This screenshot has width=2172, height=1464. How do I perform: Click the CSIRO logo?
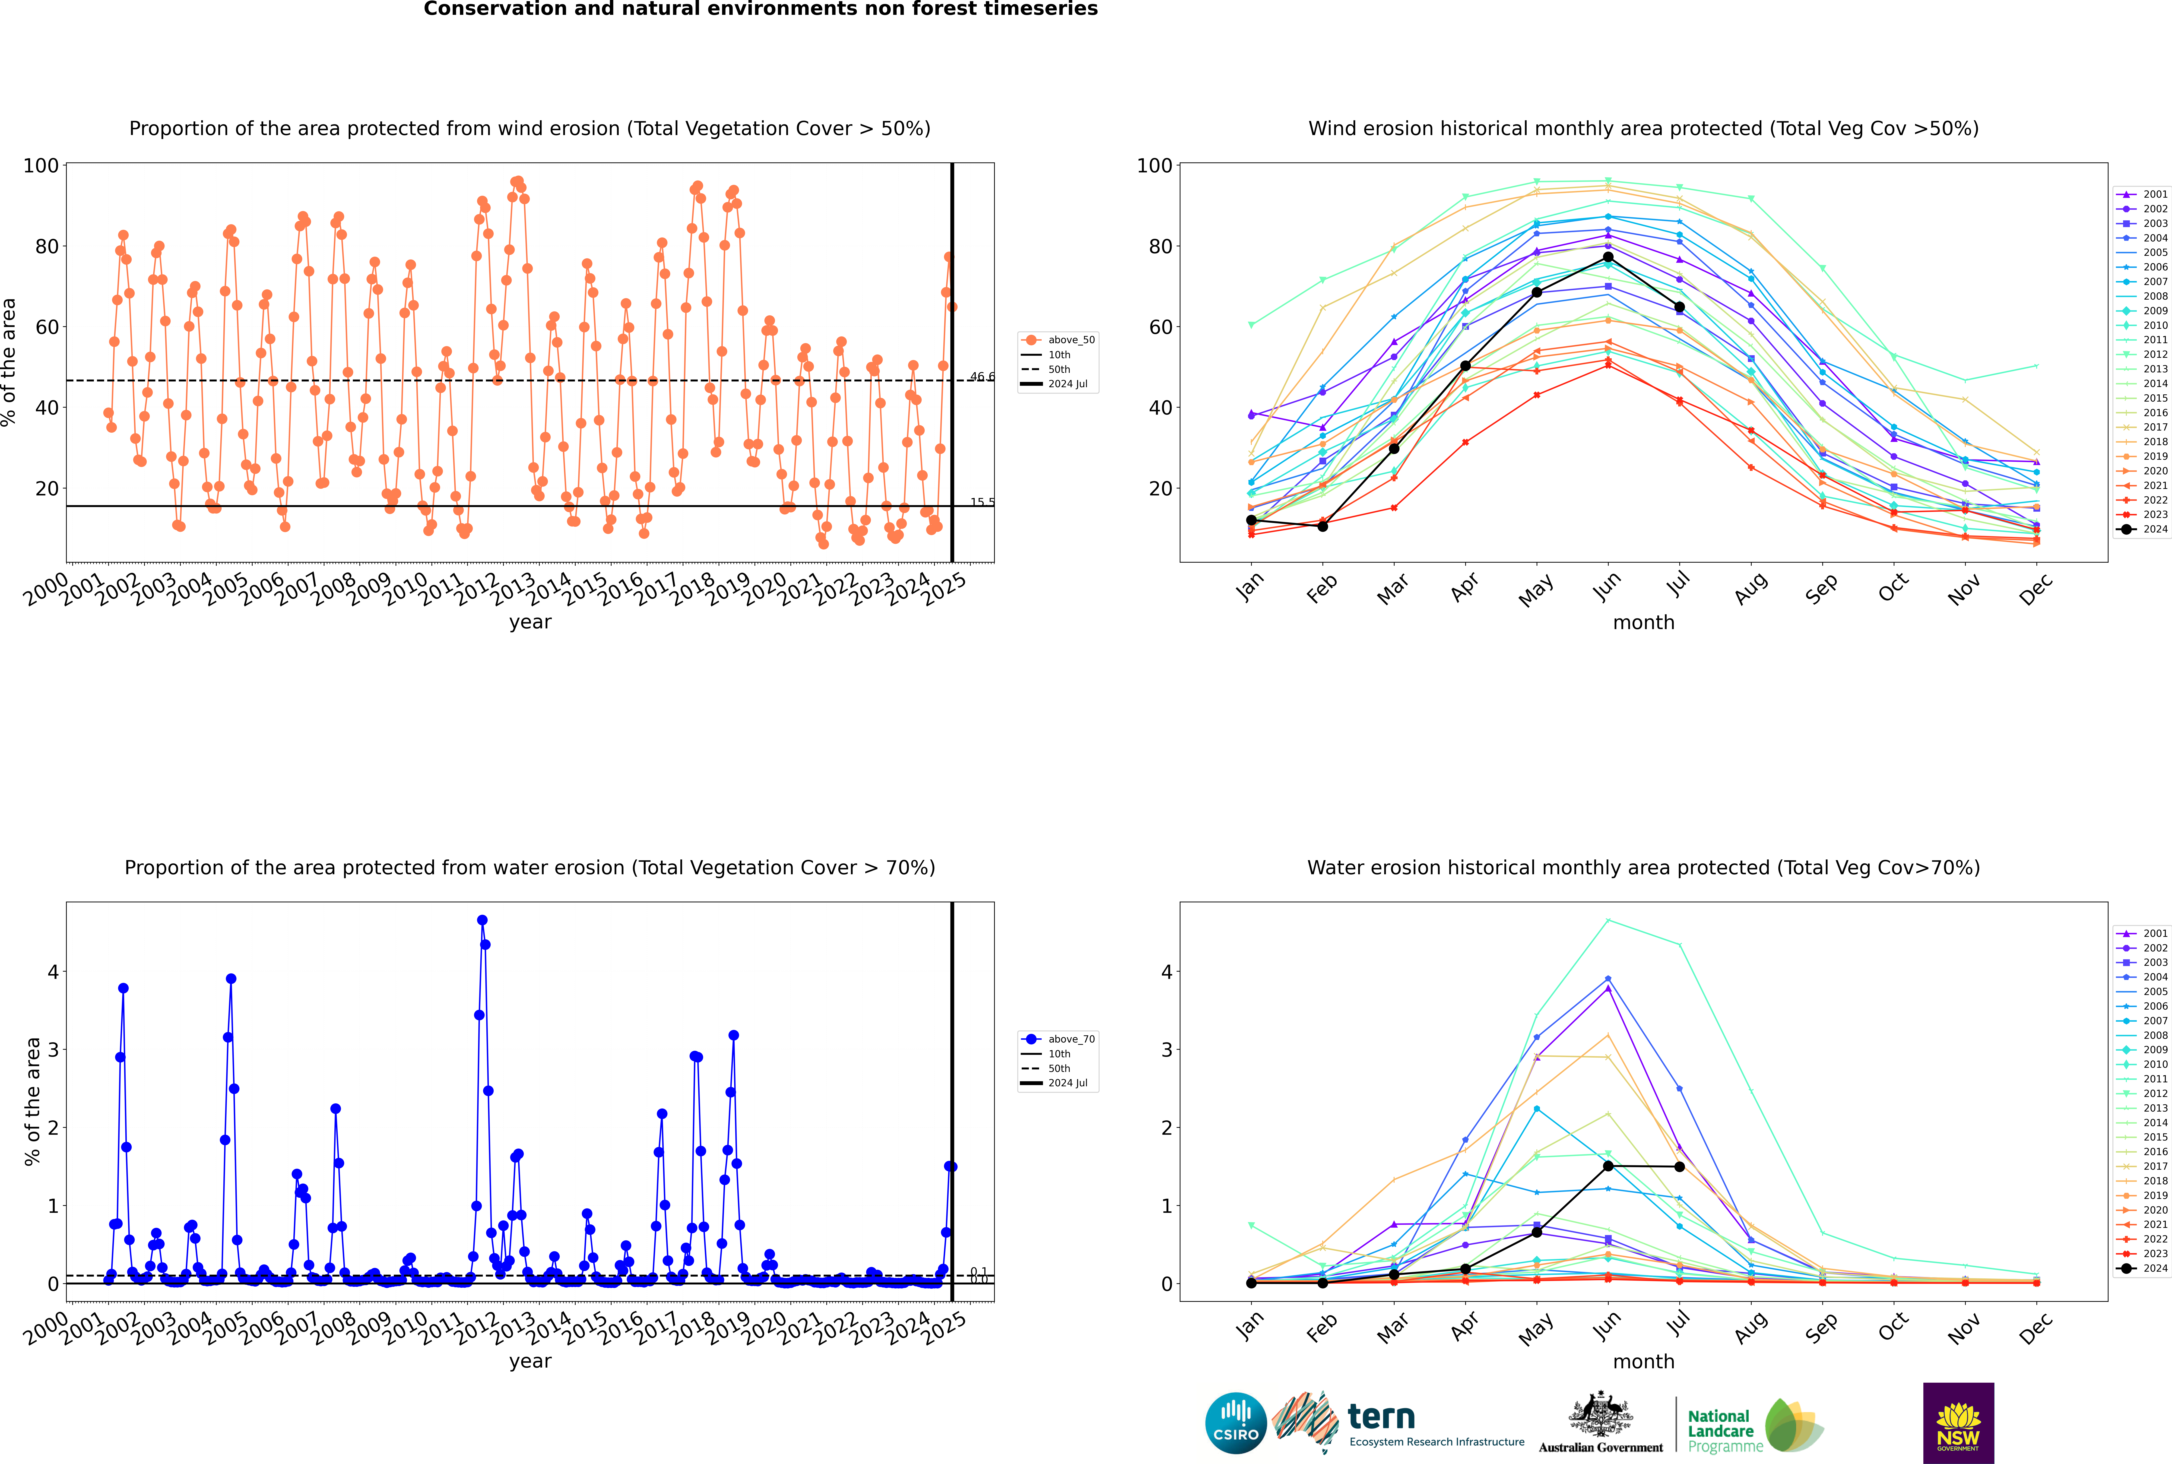(x=1235, y=1423)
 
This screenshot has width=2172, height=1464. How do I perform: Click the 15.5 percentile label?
(x=981, y=502)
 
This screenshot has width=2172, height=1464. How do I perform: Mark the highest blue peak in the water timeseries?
(x=482, y=920)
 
